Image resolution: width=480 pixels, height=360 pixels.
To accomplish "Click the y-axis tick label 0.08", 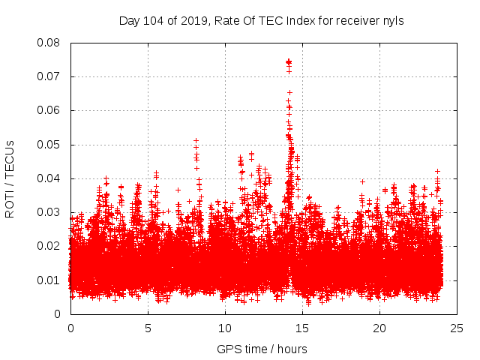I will (x=49, y=43).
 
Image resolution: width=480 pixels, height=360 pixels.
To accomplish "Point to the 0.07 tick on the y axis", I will (x=49, y=76).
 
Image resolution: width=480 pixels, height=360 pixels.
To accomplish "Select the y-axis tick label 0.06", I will (x=49, y=110).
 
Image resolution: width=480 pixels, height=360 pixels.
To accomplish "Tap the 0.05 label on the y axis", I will (x=49, y=144).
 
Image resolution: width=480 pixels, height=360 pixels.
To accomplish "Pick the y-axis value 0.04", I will (x=49, y=178).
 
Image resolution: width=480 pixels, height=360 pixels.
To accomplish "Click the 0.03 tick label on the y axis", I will (x=49, y=212).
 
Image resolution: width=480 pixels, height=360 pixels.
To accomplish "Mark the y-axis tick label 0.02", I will (x=49, y=246).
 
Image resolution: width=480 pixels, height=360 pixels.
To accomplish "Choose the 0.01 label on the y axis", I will (x=49, y=280).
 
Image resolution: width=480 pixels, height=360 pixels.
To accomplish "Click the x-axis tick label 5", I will (x=148, y=328).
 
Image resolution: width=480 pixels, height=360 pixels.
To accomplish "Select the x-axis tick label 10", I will (x=225, y=328).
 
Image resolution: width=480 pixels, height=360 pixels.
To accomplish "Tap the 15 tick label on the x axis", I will (x=302, y=328).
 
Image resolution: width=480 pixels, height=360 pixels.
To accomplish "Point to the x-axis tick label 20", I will (x=379, y=328).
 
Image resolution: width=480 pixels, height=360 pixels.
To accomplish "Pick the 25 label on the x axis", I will (x=457, y=328).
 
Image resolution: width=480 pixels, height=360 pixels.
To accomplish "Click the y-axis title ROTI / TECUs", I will (x=10, y=178).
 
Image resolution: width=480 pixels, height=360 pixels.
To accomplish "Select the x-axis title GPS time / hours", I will (x=262, y=349).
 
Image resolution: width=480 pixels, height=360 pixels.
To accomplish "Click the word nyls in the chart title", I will (x=394, y=20).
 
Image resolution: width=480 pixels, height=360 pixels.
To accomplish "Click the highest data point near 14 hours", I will (x=289, y=61).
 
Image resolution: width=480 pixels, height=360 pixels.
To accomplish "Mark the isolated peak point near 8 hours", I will (x=196, y=140).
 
